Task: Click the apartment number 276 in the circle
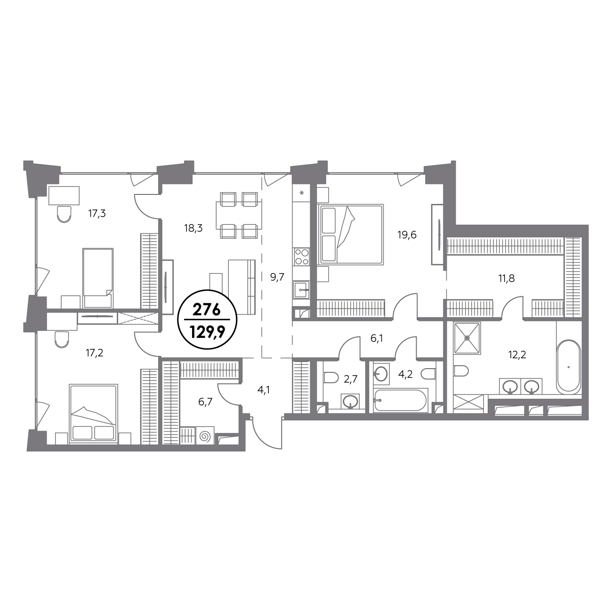[x=207, y=310]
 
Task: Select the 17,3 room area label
[x=97, y=214]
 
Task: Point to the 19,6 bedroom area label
[x=407, y=235]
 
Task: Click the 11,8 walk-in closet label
[x=507, y=279]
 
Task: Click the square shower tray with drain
[x=467, y=338]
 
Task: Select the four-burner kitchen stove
[x=302, y=257]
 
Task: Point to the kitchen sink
[x=301, y=290]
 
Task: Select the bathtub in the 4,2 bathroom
[x=400, y=400]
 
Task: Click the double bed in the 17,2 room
[x=93, y=413]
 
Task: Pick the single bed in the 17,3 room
[x=98, y=278]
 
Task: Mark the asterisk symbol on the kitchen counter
[x=302, y=193]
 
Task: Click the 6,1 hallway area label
[x=377, y=339]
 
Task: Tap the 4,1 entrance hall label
[x=264, y=390]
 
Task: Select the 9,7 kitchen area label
[x=277, y=277]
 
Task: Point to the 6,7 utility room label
[x=205, y=402]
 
